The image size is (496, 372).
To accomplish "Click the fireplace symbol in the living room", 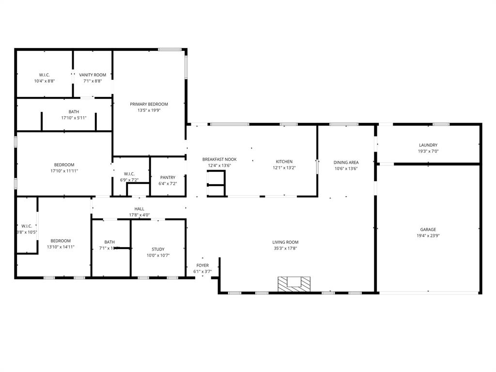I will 294,284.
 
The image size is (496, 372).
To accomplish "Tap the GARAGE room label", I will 428,230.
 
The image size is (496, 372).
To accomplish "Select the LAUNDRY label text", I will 428,145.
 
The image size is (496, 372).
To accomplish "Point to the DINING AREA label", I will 346,162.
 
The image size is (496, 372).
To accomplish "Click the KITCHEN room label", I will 284,162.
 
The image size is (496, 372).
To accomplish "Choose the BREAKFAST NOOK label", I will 219,159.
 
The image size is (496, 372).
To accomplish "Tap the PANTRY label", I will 168,178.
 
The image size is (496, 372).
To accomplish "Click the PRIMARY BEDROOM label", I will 149,104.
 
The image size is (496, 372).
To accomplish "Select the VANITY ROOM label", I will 93,75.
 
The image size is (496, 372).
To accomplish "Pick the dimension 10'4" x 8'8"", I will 45,81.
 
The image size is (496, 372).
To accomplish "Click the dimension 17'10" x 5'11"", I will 74,118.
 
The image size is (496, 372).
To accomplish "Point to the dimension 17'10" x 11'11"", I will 64,171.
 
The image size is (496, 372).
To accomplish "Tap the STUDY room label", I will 158,249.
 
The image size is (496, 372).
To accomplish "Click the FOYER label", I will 202,265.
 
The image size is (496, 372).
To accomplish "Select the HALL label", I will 139,209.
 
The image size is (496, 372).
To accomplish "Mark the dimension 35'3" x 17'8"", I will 285,248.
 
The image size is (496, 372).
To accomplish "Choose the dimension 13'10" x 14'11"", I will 61,247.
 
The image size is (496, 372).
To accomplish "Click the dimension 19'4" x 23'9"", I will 428,236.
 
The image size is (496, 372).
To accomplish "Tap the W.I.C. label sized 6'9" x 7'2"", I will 129,174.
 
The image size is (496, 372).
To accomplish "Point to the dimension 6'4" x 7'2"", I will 168,184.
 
